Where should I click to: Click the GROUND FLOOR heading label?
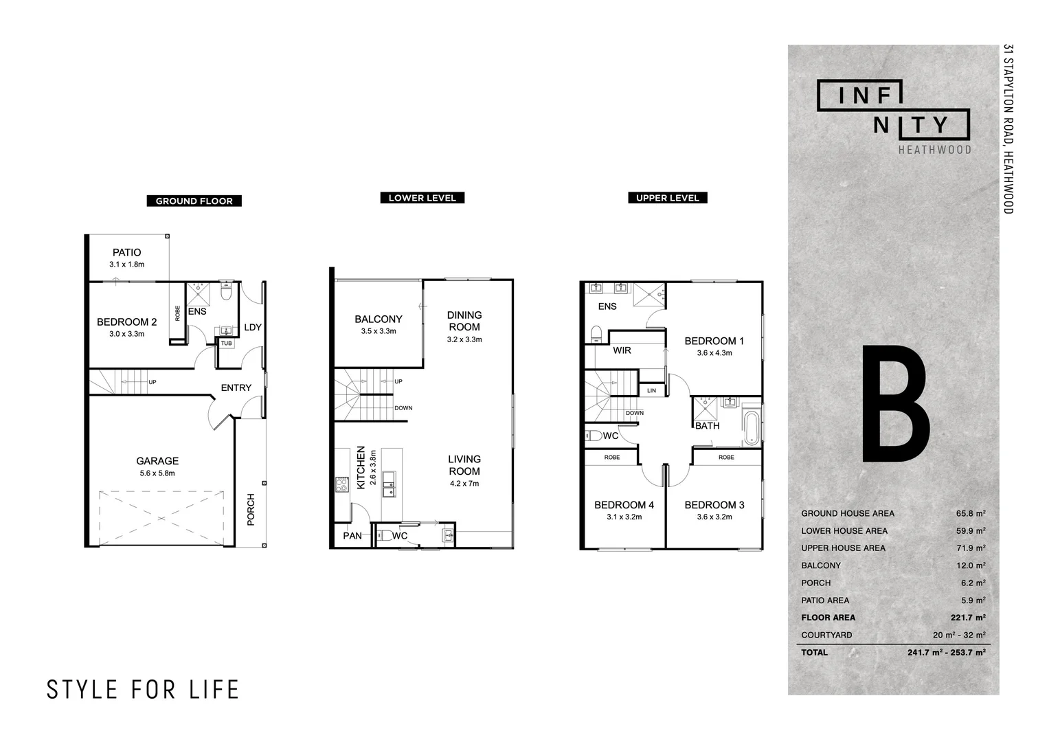pyautogui.click(x=194, y=201)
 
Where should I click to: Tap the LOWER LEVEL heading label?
pyautogui.click(x=422, y=198)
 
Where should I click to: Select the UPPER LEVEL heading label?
pyautogui.click(x=667, y=198)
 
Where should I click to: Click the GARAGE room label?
pyautogui.click(x=157, y=461)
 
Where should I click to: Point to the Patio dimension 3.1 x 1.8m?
pyautogui.click(x=127, y=264)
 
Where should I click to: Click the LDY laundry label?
pyautogui.click(x=253, y=327)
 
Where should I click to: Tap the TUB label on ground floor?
pyautogui.click(x=226, y=343)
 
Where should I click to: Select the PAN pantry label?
pyautogui.click(x=352, y=536)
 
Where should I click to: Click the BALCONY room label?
pyautogui.click(x=379, y=319)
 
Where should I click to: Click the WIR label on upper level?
pyautogui.click(x=622, y=350)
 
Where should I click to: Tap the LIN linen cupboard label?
pyautogui.click(x=651, y=390)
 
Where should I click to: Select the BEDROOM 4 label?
pyautogui.click(x=624, y=505)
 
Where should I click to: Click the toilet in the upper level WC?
pyautogui.click(x=593, y=435)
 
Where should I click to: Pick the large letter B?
pyautogui.click(x=895, y=405)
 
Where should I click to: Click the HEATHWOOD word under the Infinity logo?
pyautogui.click(x=935, y=149)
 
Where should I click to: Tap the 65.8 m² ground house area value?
pyautogui.click(x=971, y=513)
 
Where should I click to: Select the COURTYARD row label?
pyautogui.click(x=826, y=635)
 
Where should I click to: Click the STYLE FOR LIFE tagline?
pyautogui.click(x=143, y=689)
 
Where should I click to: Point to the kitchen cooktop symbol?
pyautogui.click(x=342, y=485)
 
